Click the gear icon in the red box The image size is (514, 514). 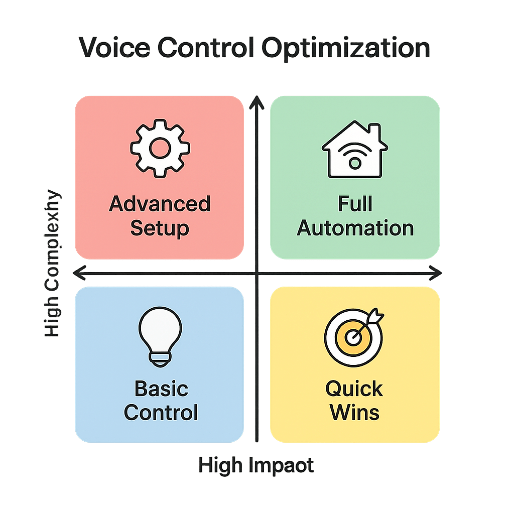160,148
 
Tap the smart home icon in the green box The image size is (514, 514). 354,150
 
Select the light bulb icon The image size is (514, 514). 160,336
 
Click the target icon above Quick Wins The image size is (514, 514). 353,337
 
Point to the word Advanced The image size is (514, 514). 160,204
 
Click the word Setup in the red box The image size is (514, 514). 160,228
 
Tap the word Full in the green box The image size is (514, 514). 355,204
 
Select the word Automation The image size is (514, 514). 355,228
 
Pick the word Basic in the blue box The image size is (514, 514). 161,389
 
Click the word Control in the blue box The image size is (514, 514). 161,413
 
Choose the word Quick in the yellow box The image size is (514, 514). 354,389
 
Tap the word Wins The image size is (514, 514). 354,413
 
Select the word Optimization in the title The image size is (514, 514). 347,49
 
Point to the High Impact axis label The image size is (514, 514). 256,466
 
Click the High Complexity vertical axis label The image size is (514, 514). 52,264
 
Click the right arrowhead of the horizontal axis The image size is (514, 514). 436,273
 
